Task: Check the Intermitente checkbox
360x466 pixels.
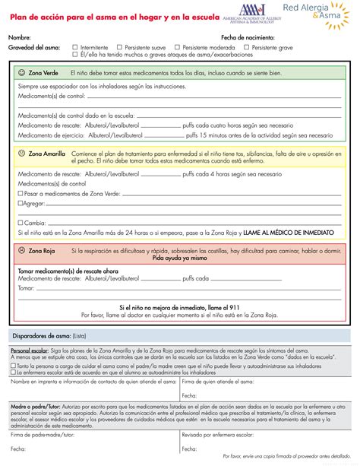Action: tap(75, 47)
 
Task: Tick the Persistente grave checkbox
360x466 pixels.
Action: tap(248, 47)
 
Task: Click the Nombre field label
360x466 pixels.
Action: tap(20, 37)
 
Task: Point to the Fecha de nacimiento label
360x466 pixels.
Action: tap(248, 37)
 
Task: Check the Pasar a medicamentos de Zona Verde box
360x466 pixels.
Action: tap(20, 194)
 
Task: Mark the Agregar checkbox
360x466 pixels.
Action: tap(20, 204)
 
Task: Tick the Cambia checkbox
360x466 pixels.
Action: tap(20, 223)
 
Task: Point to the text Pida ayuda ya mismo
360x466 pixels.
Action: tap(179, 258)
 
